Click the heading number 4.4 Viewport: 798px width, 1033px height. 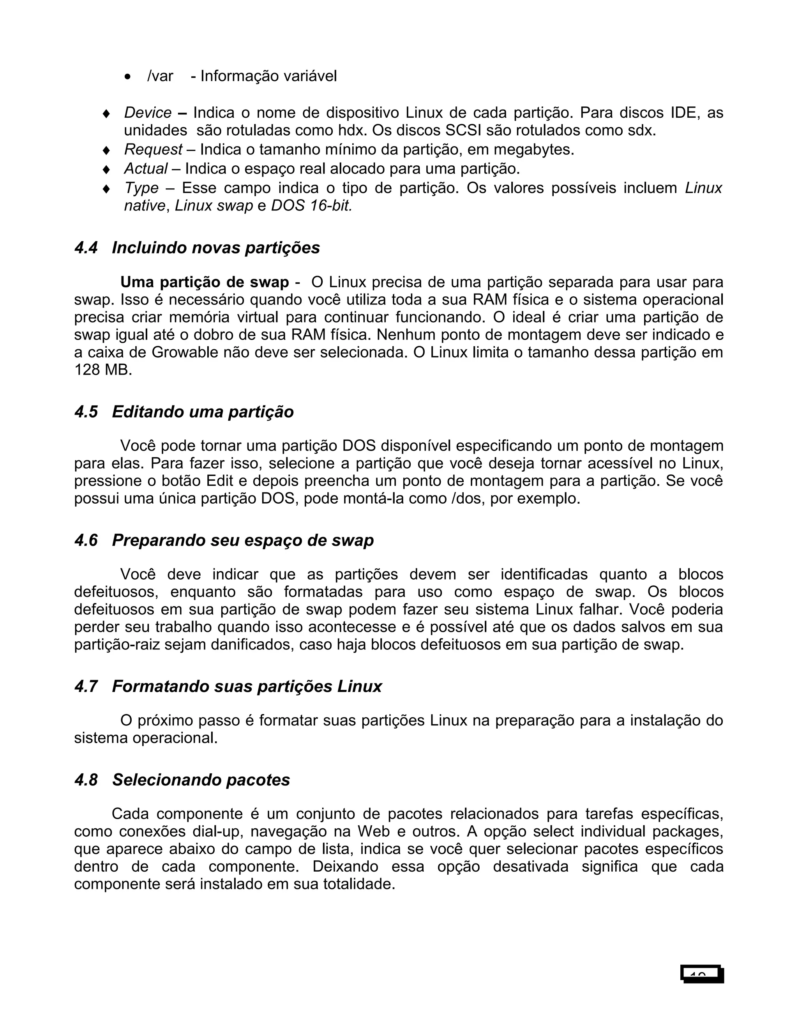(x=86, y=248)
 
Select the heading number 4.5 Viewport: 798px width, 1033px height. (x=86, y=412)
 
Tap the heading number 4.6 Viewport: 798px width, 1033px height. (x=86, y=540)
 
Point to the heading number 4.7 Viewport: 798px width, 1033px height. (x=86, y=686)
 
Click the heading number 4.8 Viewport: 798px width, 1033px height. (x=86, y=780)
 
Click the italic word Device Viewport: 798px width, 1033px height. (x=148, y=113)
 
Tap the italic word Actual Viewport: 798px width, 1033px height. (x=146, y=168)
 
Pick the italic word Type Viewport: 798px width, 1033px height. (x=141, y=188)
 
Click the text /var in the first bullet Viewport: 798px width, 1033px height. (x=160, y=76)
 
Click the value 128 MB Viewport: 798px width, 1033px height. (x=102, y=370)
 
